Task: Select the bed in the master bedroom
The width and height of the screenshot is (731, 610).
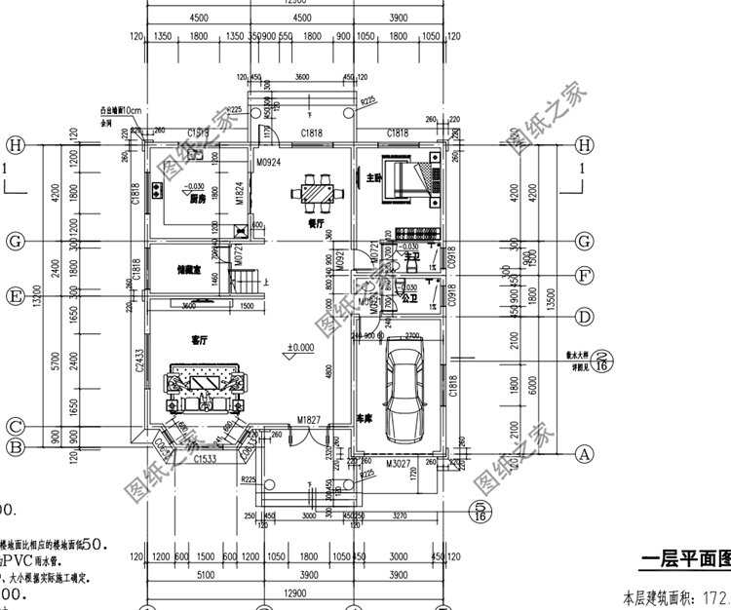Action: point(399,180)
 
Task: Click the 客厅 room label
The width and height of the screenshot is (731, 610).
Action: point(202,340)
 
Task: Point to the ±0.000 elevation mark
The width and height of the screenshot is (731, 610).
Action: point(300,347)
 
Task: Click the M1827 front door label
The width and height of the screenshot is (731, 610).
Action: point(310,419)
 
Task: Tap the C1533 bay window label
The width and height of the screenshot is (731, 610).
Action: point(205,458)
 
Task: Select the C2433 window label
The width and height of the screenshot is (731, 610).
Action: point(139,362)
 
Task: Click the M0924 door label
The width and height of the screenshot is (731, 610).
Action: point(268,162)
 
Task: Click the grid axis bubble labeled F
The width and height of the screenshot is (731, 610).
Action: point(584,275)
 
